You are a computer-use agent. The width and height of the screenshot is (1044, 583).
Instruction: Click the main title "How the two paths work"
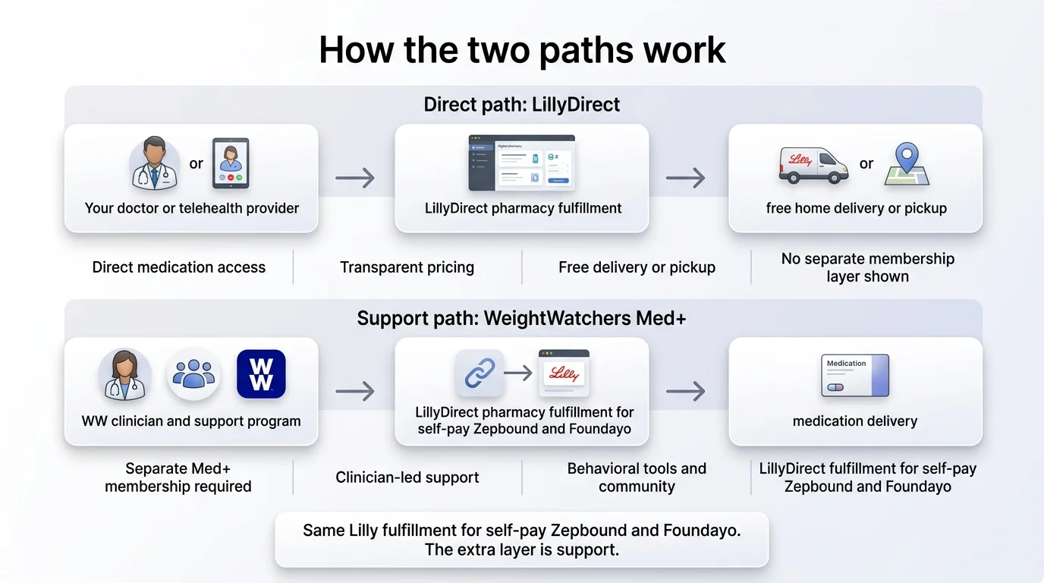click(x=522, y=50)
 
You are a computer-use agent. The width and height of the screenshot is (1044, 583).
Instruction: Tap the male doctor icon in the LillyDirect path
click(x=155, y=162)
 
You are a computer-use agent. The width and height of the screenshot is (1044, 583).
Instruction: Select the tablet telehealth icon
click(x=231, y=162)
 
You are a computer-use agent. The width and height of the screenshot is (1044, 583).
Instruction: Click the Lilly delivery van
click(x=813, y=164)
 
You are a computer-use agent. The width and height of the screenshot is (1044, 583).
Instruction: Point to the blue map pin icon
click(x=907, y=164)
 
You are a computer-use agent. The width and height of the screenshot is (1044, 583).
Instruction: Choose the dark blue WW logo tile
click(x=261, y=374)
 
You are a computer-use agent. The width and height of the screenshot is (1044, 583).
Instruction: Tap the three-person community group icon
click(x=193, y=374)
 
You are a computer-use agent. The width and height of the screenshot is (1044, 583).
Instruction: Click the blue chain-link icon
click(x=480, y=373)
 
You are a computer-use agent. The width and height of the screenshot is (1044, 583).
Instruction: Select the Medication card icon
click(x=855, y=375)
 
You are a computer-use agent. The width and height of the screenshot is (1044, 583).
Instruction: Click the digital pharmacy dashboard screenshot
click(x=521, y=162)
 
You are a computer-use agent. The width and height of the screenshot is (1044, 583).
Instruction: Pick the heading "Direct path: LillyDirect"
click(x=522, y=105)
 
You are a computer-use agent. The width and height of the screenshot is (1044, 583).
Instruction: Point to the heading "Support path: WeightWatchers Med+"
click(x=522, y=318)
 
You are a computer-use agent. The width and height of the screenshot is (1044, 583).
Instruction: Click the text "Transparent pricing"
click(x=407, y=267)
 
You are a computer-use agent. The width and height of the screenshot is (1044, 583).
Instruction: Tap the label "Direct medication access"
click(x=179, y=267)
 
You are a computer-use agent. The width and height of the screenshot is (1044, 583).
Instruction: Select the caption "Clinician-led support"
click(x=407, y=477)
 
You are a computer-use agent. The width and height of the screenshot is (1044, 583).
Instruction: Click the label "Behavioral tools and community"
click(x=637, y=477)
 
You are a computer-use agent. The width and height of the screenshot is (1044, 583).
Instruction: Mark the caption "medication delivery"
click(x=855, y=421)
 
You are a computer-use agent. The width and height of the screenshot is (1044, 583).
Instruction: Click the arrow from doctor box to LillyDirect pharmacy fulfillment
click(x=355, y=178)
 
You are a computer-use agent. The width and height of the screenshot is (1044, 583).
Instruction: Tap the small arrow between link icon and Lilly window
click(x=518, y=373)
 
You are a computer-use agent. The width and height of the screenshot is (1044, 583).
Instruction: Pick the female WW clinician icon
click(x=124, y=374)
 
